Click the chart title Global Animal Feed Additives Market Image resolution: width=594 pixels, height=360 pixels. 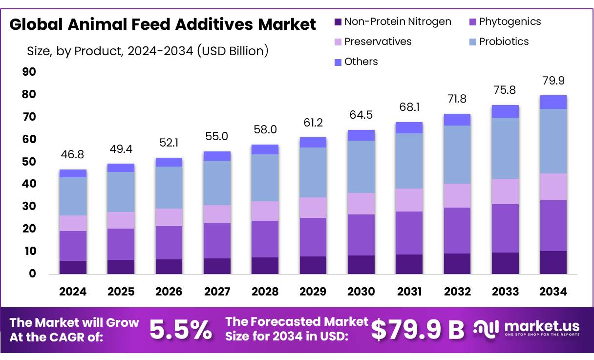(x=163, y=24)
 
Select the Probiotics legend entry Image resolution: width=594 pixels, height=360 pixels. (x=503, y=42)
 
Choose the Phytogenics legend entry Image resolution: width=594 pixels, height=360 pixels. (x=509, y=21)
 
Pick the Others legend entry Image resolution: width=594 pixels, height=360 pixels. (x=361, y=62)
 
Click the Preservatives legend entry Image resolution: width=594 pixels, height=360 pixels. (x=377, y=42)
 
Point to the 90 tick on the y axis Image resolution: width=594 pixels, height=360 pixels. (x=29, y=72)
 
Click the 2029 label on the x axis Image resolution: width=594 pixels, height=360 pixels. (x=313, y=292)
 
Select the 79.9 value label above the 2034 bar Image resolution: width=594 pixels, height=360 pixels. (x=553, y=81)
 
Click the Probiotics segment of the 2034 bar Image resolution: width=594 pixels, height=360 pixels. (x=553, y=141)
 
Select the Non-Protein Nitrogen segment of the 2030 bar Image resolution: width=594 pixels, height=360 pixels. (x=361, y=264)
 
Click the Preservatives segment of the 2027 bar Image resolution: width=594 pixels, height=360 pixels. (x=217, y=214)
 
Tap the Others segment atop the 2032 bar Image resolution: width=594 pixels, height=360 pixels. (x=457, y=120)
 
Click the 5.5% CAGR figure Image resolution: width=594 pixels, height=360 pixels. (x=181, y=330)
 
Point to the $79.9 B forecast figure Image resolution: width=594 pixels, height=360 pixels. (x=418, y=330)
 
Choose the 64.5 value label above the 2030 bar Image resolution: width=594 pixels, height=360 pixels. (x=361, y=115)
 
